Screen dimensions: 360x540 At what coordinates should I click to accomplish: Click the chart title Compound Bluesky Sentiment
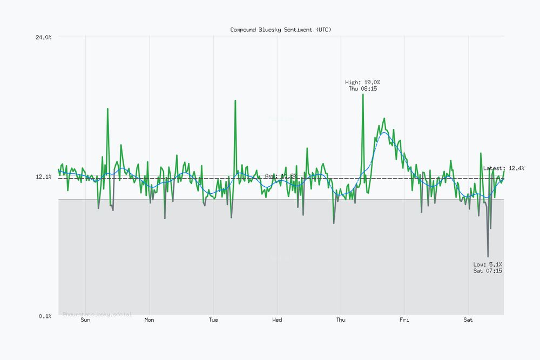pyautogui.click(x=281, y=30)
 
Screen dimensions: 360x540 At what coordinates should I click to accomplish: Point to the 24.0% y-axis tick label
pyautogui.click(x=43, y=37)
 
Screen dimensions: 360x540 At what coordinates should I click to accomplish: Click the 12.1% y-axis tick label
pyautogui.click(x=43, y=177)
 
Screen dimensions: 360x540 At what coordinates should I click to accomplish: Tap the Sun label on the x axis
pyautogui.click(x=85, y=320)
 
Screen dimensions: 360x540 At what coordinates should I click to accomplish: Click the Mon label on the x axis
pyautogui.click(x=149, y=320)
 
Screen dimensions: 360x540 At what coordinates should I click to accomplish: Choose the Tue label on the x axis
pyautogui.click(x=213, y=320)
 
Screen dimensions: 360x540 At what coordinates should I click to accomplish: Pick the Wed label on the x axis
pyautogui.click(x=277, y=320)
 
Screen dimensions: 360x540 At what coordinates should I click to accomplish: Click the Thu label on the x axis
pyautogui.click(x=341, y=320)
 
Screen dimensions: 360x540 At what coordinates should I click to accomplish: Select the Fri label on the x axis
pyautogui.click(x=404, y=320)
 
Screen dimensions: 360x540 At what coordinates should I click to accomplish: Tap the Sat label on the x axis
pyautogui.click(x=468, y=320)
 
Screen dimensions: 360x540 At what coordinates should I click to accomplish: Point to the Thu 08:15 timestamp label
pyautogui.click(x=363, y=89)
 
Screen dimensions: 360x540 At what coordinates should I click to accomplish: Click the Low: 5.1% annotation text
pyautogui.click(x=488, y=264)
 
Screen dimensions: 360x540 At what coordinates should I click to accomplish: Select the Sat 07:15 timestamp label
pyautogui.click(x=488, y=271)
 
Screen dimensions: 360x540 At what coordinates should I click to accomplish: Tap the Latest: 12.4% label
pyautogui.click(x=503, y=168)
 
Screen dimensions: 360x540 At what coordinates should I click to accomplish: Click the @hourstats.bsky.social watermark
pyautogui.click(x=97, y=314)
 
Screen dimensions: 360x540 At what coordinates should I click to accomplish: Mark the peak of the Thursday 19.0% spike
pyautogui.click(x=363, y=94)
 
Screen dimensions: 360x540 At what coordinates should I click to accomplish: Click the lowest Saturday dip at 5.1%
pyautogui.click(x=488, y=256)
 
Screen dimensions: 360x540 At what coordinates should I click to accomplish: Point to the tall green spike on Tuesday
pyautogui.click(x=235, y=101)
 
